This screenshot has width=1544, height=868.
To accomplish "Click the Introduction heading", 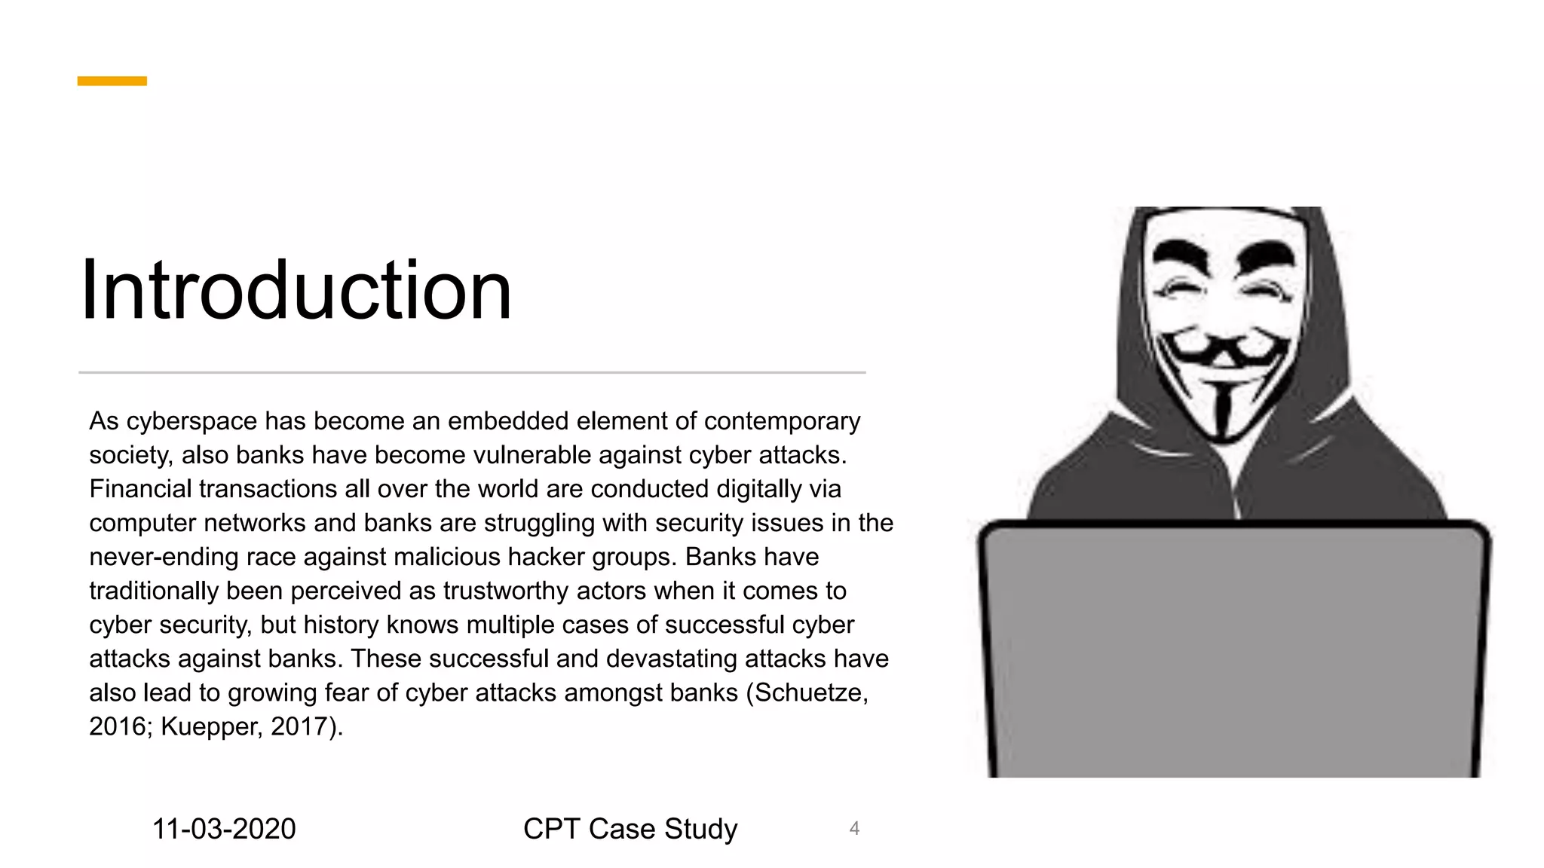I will (x=296, y=291).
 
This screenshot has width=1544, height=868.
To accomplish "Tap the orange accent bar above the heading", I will (x=112, y=81).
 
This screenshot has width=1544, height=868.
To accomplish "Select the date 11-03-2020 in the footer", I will (x=224, y=829).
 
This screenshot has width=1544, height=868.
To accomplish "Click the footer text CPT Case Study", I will (x=630, y=829).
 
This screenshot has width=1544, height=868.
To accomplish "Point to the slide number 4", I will (x=854, y=829).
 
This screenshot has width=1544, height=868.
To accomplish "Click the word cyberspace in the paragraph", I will (x=191, y=421).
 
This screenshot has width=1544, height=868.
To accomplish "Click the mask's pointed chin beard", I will (x=1223, y=411).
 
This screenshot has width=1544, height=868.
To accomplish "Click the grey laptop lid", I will (x=1234, y=648).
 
